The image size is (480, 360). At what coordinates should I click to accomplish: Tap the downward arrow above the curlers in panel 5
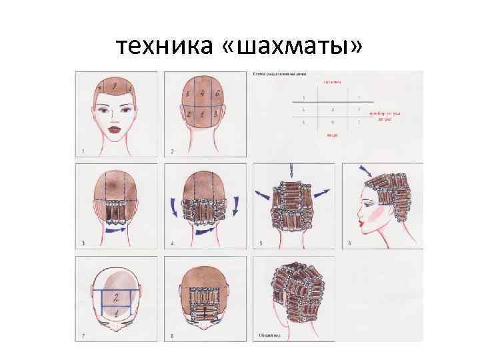click(x=291, y=172)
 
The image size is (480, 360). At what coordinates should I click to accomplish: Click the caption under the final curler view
click(x=269, y=336)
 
